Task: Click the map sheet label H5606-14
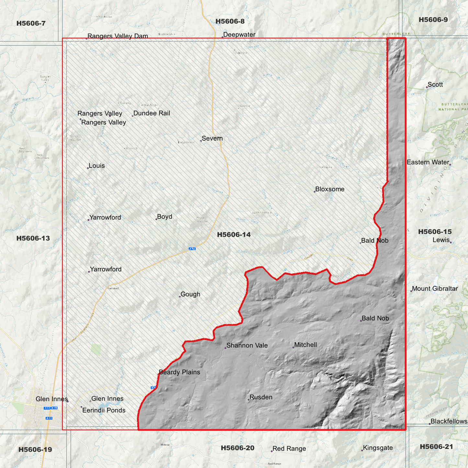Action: pos(234,234)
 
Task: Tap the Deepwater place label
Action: pos(239,35)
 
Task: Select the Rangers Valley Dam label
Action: pos(118,36)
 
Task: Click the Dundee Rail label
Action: pos(152,113)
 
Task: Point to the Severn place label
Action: pos(212,138)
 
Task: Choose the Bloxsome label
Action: pos(330,189)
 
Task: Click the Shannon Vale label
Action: pos(247,346)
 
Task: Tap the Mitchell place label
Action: pos(305,345)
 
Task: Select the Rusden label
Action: pos(261,397)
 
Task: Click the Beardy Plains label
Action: pos(179,372)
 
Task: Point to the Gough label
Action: pos(190,294)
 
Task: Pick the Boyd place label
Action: pos(165,217)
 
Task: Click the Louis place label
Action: pos(97,166)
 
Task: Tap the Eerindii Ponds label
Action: pos(104,410)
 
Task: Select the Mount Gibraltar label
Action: pos(435,289)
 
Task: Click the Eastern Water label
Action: pos(428,162)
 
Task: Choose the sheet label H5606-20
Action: pos(237,448)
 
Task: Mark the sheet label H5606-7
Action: pos(31,23)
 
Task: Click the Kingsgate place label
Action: pos(378,448)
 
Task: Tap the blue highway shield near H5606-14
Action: pos(192,249)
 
